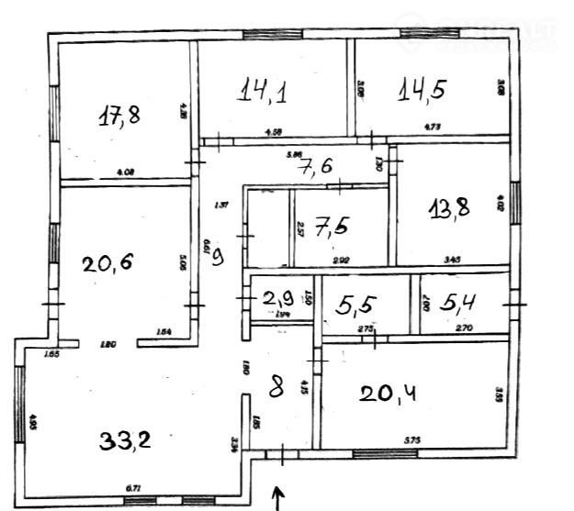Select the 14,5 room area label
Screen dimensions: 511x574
click(x=422, y=90)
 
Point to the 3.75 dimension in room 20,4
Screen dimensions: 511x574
click(x=412, y=441)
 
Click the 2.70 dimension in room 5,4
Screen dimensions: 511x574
click(x=464, y=328)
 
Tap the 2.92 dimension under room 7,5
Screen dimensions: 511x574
click(x=341, y=261)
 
